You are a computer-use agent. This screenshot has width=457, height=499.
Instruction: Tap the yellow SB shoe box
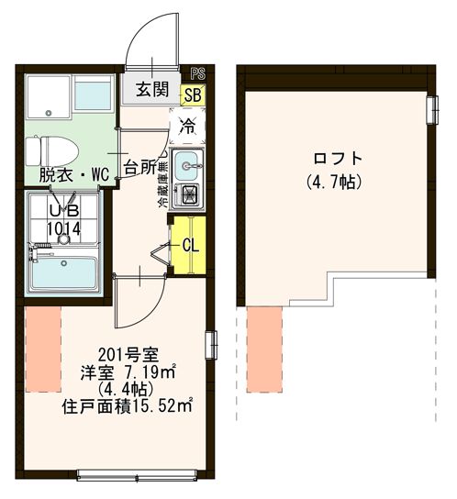pyautogui.click(x=194, y=92)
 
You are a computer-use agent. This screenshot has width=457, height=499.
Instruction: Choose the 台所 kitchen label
pyautogui.click(x=141, y=168)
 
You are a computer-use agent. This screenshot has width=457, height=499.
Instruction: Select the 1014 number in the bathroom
pyautogui.click(x=61, y=226)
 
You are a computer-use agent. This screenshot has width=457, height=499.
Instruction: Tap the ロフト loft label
pyautogui.click(x=332, y=156)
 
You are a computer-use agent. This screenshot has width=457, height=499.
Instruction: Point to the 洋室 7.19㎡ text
pyautogui.click(x=126, y=372)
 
